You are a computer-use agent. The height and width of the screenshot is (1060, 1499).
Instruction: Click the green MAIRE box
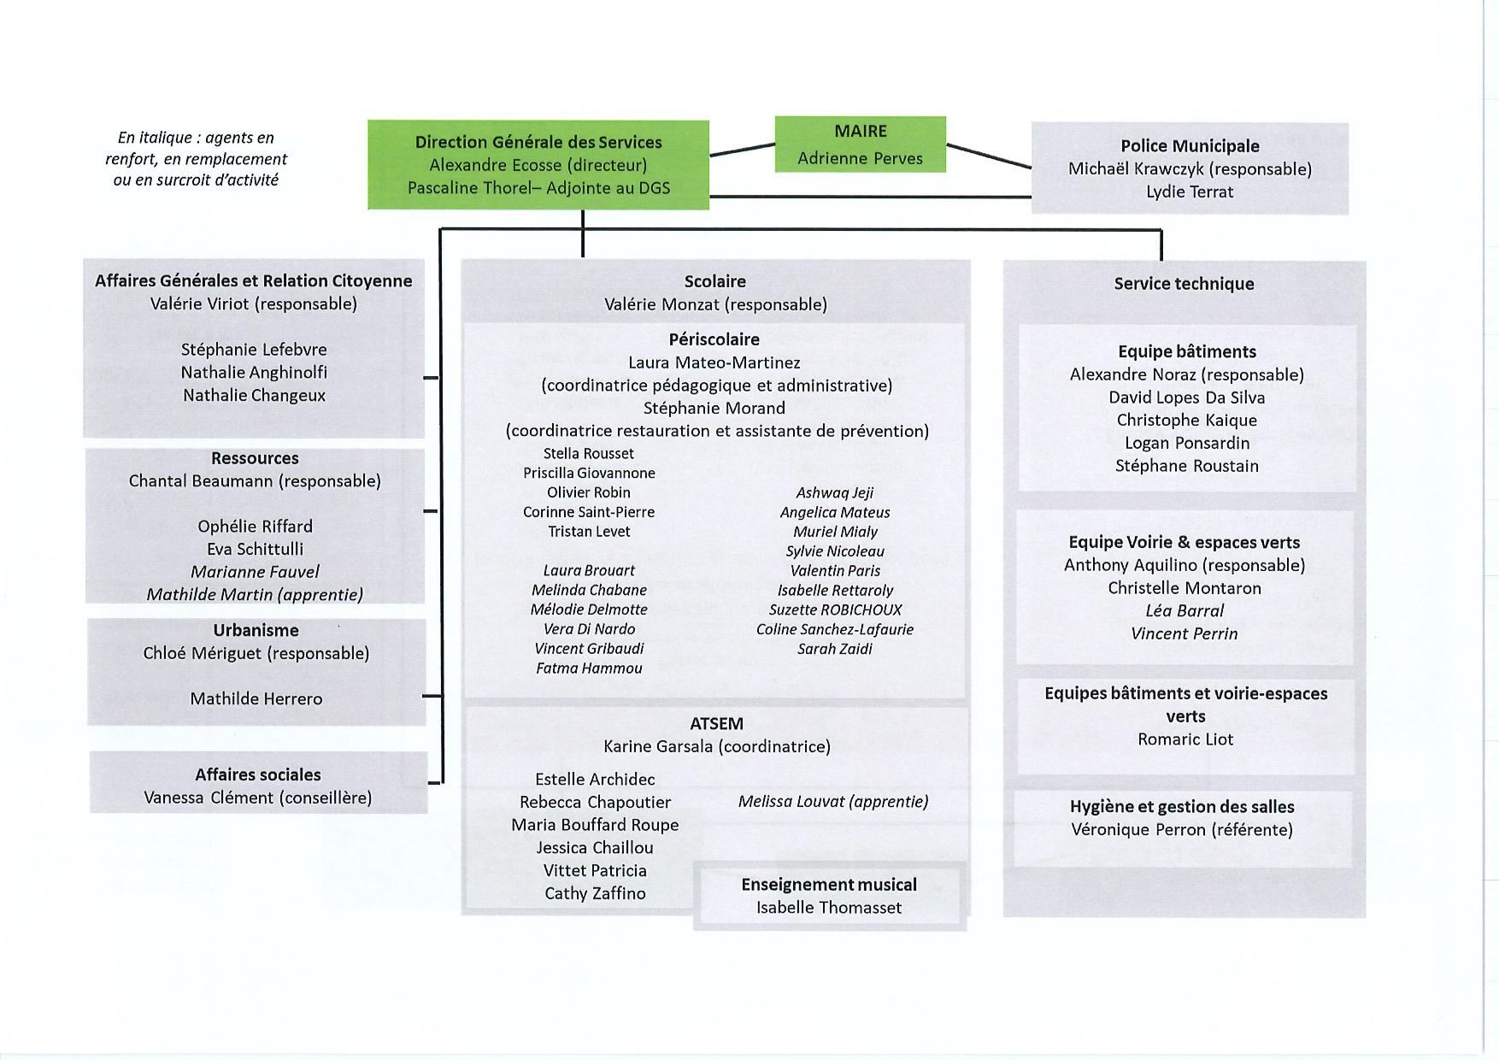[x=860, y=144]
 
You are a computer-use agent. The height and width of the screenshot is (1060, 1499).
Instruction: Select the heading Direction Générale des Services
[x=538, y=143]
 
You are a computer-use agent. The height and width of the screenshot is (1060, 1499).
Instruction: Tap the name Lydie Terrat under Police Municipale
[x=1190, y=192]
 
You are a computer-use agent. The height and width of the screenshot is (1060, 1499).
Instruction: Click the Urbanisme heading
[x=256, y=631]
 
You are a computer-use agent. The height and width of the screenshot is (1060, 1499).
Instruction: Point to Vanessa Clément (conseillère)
[x=257, y=798]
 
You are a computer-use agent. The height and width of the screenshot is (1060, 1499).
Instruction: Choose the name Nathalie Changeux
[x=254, y=396]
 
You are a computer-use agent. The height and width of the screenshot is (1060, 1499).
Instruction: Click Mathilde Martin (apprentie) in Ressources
[x=255, y=595]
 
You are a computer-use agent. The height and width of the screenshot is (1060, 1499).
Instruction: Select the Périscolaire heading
[x=714, y=340]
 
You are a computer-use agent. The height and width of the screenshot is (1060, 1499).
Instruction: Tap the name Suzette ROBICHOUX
[x=835, y=610]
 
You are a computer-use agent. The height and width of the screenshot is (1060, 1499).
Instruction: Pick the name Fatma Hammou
[x=589, y=668]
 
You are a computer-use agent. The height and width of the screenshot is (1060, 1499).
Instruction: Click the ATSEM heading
[x=716, y=724]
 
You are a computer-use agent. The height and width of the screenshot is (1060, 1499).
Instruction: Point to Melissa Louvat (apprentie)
[x=833, y=802]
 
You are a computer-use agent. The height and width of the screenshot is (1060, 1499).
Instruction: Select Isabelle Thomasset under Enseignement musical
[x=829, y=908]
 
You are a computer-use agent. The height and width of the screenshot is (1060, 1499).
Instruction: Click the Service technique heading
[x=1184, y=284]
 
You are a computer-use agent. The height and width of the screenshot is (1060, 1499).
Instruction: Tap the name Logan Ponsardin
[x=1187, y=444]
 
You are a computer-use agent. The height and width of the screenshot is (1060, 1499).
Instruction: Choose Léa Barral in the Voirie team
[x=1185, y=611]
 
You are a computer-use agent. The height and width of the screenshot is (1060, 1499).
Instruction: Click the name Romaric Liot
[x=1185, y=739]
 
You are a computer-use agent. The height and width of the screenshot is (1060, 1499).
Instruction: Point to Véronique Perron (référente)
[x=1182, y=830]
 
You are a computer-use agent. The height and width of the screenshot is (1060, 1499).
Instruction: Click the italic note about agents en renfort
[x=196, y=159]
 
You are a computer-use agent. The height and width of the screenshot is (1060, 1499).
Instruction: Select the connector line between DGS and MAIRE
[x=742, y=149]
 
